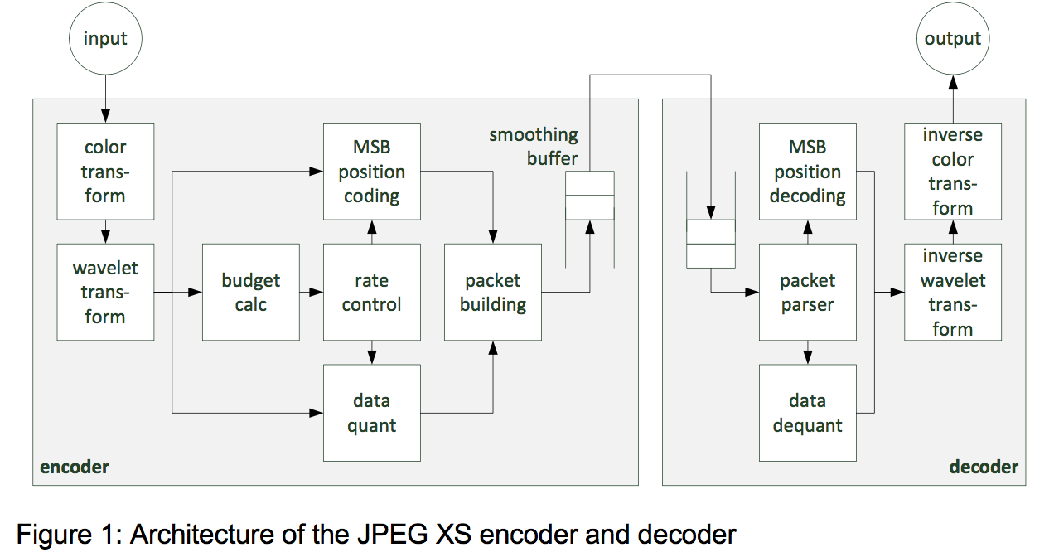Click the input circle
(x=105, y=39)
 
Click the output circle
(x=952, y=39)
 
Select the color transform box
(x=105, y=172)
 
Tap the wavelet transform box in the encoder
(x=105, y=292)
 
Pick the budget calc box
(x=250, y=292)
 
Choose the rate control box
(x=371, y=292)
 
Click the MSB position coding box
(x=371, y=172)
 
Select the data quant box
(x=371, y=413)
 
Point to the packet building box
(x=492, y=292)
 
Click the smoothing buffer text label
(x=534, y=146)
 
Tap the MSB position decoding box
(x=807, y=172)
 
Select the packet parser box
(x=807, y=292)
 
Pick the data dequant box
(x=807, y=413)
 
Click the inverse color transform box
(x=952, y=172)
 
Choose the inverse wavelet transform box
(x=952, y=292)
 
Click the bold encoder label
(x=75, y=467)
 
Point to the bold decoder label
(x=983, y=467)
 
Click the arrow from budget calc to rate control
(x=311, y=292)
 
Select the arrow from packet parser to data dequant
(x=807, y=352)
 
